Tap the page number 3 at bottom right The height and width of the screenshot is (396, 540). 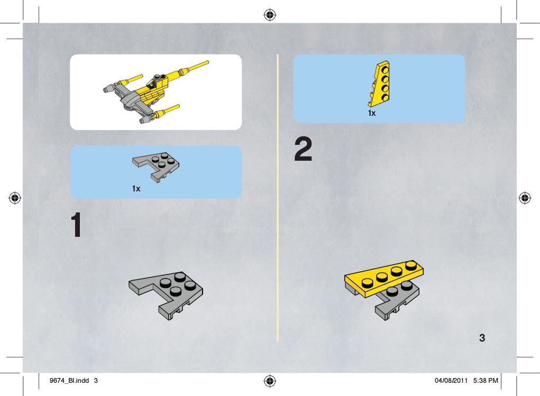[482, 338]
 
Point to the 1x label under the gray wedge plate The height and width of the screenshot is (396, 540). [136, 189]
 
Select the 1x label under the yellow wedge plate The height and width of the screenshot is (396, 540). [372, 113]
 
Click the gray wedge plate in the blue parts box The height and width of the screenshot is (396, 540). [156, 167]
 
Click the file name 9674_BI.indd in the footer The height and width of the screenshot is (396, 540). [69, 381]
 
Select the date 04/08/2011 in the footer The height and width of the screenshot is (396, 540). [451, 381]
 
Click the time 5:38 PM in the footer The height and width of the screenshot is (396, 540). [486, 381]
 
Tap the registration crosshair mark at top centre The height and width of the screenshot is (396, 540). [270, 15]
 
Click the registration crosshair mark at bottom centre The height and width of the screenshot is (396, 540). [270, 381]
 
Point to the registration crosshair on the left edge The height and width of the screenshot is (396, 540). [15, 198]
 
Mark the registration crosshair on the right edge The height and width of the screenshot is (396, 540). [525, 198]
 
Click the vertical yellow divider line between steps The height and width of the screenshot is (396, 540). [278, 198]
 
